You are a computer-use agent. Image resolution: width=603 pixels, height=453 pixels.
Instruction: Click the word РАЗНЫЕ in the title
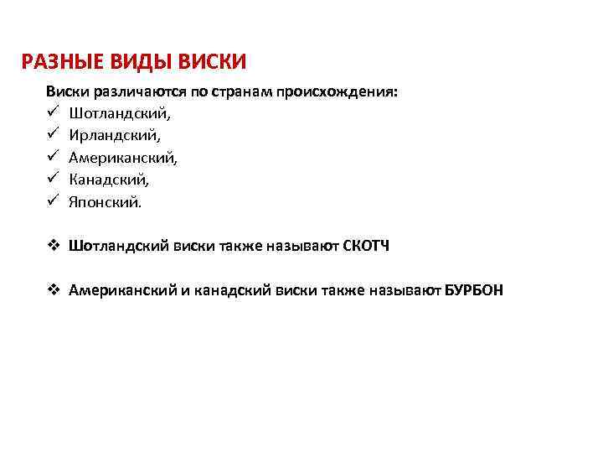pyautogui.click(x=58, y=62)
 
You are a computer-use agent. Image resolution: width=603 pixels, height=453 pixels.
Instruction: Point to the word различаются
pyautogui.click(x=130, y=91)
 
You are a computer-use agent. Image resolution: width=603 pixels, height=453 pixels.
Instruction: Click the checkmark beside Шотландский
pyautogui.click(x=52, y=112)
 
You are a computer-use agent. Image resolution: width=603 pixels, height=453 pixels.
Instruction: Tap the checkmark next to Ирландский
pyautogui.click(x=52, y=135)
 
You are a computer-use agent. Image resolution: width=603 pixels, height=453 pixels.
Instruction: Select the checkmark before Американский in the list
pyautogui.click(x=52, y=158)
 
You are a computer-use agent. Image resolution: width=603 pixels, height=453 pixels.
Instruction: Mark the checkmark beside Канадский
pyautogui.click(x=52, y=180)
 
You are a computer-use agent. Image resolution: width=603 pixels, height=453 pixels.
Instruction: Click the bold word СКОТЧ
pyautogui.click(x=367, y=247)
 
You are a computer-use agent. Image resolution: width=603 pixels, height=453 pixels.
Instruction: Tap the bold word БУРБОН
pyautogui.click(x=474, y=291)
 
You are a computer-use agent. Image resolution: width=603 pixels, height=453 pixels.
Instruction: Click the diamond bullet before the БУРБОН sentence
pyautogui.click(x=52, y=291)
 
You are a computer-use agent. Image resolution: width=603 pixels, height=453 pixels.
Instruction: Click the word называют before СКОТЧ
pyautogui.click(x=300, y=247)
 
